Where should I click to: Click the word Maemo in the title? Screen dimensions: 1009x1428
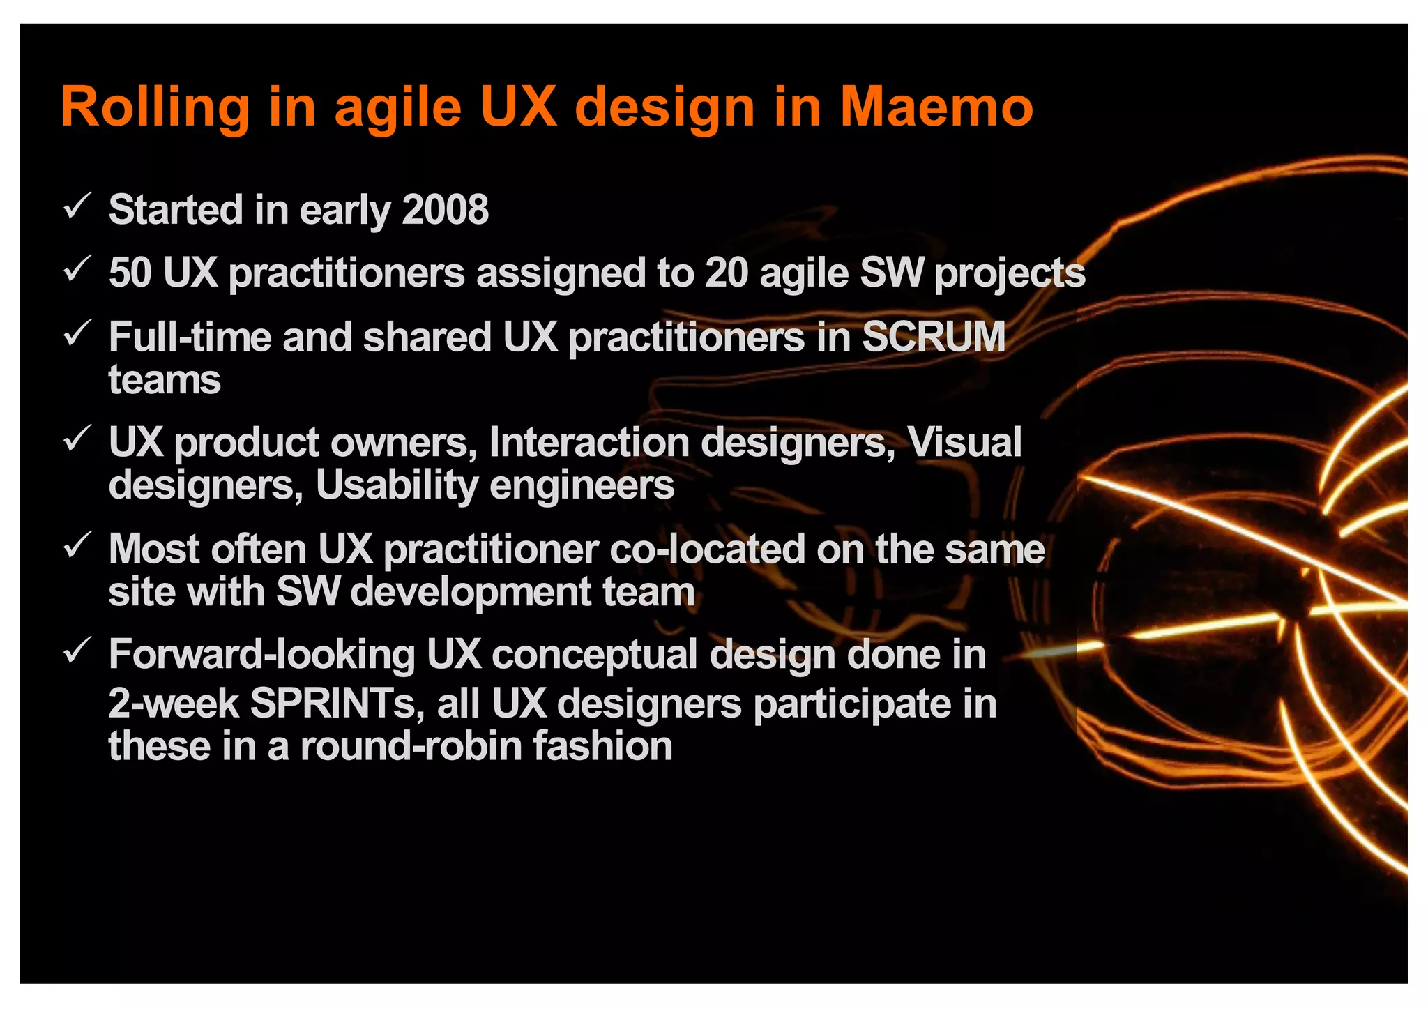coord(936,107)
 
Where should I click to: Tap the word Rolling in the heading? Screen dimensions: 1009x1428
coord(155,109)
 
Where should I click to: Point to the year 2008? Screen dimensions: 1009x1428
coord(446,210)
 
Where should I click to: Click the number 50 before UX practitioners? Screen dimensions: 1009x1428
coord(130,273)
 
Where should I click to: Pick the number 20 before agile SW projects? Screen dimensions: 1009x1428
coord(726,273)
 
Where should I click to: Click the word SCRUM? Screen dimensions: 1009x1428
coord(934,337)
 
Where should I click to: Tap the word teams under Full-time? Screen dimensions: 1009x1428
coord(165,381)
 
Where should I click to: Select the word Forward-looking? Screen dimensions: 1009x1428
coord(262,655)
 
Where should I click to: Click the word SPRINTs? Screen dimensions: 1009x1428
coord(333,704)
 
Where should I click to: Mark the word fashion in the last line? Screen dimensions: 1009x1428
coord(602,747)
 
